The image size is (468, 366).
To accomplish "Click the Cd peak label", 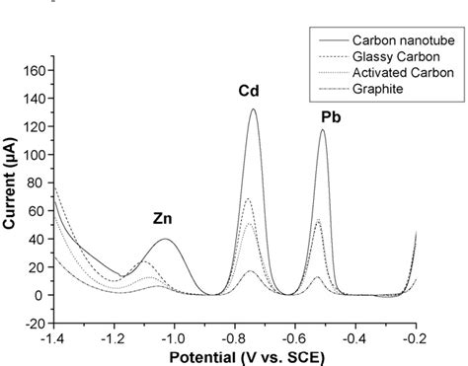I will pyautogui.click(x=249, y=92).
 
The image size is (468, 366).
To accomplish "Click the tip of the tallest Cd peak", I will pyautogui.click(x=254, y=110).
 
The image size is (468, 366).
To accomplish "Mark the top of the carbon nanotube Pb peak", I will pyautogui.click(x=322, y=130).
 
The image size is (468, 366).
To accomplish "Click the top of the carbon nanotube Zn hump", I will pyautogui.click(x=166, y=240).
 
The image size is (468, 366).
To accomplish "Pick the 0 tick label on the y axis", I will pyautogui.click(x=43, y=295).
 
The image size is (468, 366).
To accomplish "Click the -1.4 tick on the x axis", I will pyautogui.click(x=55, y=337).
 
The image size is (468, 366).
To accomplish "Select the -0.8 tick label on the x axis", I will pyautogui.click(x=235, y=337).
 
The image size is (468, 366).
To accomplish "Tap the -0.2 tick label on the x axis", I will pyautogui.click(x=416, y=337).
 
